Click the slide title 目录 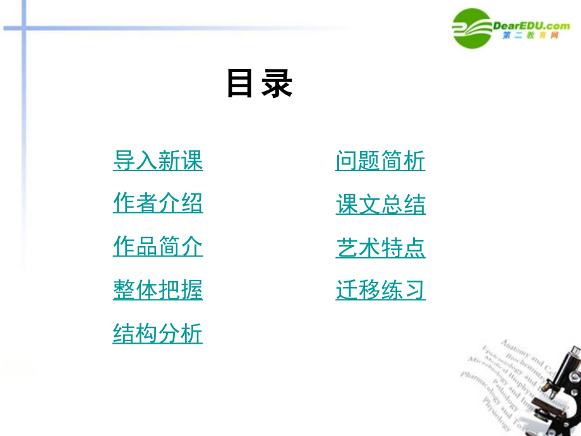click(260, 83)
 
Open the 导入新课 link click(158, 160)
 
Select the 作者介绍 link click(158, 203)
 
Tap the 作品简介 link click(158, 246)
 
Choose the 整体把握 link click(158, 289)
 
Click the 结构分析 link click(158, 332)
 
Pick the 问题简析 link click(380, 160)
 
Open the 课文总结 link click(380, 204)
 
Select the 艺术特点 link click(380, 247)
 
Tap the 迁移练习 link click(380, 289)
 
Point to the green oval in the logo click(472, 28)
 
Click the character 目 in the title click(240, 83)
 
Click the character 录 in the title click(278, 83)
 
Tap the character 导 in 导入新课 click(124, 160)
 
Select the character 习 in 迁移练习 click(415, 289)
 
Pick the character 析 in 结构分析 click(192, 332)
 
